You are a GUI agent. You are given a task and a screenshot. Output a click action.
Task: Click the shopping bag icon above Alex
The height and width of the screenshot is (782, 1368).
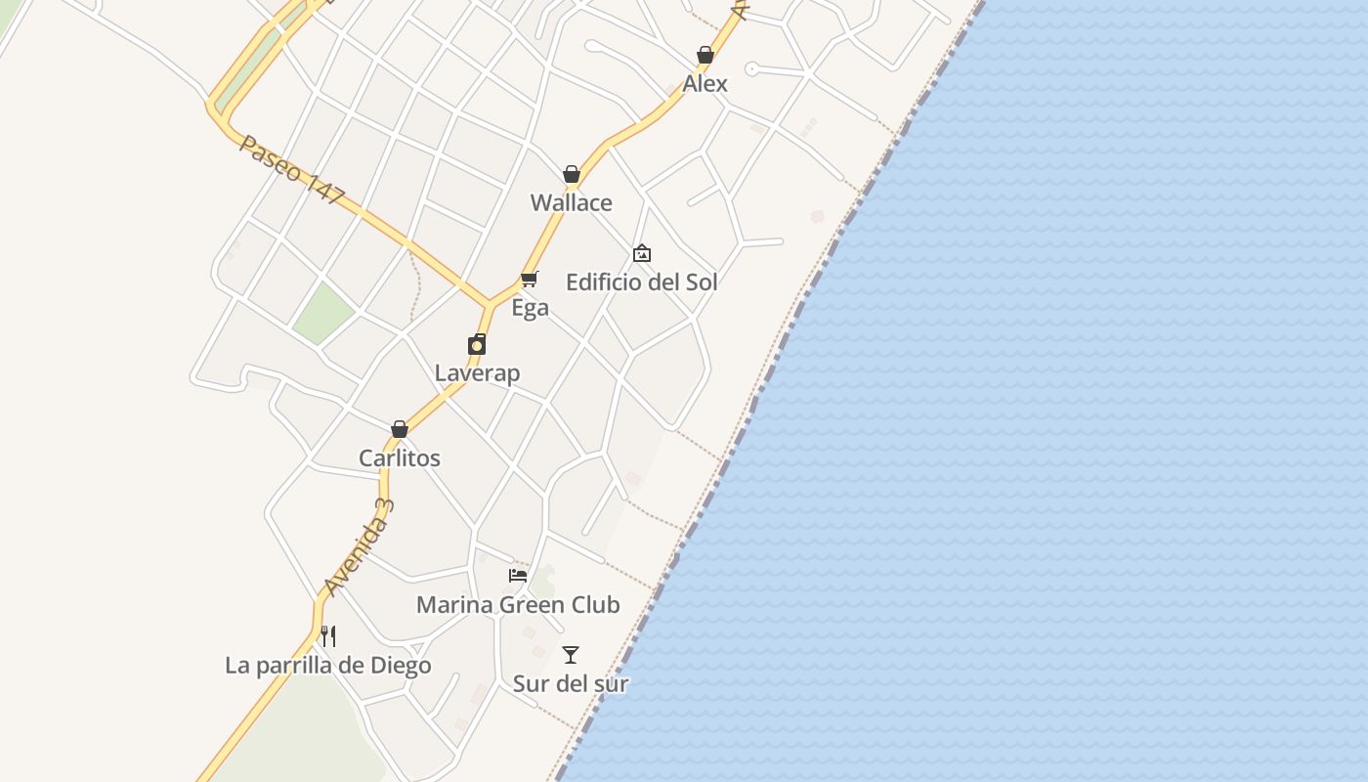[x=705, y=55]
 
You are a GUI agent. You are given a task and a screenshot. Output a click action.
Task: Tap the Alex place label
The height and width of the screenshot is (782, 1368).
[x=705, y=84]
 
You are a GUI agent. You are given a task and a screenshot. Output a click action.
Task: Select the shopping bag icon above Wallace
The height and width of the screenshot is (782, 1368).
[x=572, y=174]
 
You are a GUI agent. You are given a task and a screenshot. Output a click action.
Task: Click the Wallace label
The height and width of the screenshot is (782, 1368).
[x=572, y=203]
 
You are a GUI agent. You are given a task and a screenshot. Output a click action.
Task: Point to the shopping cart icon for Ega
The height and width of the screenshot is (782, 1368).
[x=530, y=280]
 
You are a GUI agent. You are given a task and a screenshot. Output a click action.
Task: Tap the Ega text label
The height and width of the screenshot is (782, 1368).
[x=530, y=309]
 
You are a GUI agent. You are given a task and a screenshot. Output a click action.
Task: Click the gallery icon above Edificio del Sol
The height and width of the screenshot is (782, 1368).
[x=642, y=253]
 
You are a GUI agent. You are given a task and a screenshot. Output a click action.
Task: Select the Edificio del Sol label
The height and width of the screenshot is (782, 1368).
[x=642, y=282]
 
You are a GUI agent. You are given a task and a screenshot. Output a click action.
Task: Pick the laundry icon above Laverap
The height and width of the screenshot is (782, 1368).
[x=477, y=344]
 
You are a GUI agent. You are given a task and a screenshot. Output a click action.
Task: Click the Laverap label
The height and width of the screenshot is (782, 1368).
[x=477, y=373]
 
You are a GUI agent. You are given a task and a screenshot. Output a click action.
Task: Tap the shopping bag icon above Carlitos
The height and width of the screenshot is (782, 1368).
[x=400, y=429]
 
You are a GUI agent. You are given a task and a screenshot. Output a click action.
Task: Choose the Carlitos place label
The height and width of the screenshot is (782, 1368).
[x=400, y=458]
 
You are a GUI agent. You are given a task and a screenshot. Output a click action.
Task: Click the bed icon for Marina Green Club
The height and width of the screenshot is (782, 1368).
[x=518, y=576]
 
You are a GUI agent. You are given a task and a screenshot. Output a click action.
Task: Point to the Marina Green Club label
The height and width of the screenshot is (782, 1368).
[x=518, y=605]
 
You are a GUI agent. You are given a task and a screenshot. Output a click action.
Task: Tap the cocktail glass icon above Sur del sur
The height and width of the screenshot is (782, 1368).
[x=571, y=655]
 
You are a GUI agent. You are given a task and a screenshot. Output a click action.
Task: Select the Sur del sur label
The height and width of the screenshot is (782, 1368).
[x=571, y=684]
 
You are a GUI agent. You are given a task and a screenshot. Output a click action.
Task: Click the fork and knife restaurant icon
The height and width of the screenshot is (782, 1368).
[x=328, y=636]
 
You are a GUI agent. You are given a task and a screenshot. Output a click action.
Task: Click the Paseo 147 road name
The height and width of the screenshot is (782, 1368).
[x=292, y=170]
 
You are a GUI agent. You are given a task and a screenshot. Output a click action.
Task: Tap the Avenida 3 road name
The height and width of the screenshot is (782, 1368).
[x=359, y=547]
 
